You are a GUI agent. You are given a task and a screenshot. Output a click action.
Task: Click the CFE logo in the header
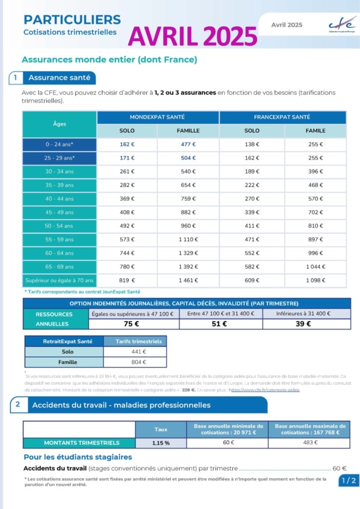click(x=342, y=24)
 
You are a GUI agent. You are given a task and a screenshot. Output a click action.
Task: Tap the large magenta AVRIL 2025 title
click(x=193, y=36)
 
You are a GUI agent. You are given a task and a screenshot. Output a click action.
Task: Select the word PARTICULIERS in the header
click(x=72, y=19)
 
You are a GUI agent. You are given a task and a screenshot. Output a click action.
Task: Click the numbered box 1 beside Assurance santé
click(x=15, y=78)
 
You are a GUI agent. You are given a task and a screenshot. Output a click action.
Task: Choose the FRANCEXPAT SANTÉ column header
click(x=282, y=117)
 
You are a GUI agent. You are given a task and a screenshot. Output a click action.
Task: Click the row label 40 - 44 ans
click(x=59, y=198)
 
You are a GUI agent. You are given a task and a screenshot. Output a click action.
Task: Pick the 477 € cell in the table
click(x=187, y=144)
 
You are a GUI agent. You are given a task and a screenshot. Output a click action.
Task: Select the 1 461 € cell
click(x=187, y=280)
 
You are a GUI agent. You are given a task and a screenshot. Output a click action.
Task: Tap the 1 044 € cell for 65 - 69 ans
click(x=315, y=266)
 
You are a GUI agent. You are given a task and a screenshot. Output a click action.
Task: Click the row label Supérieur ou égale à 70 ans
click(x=59, y=280)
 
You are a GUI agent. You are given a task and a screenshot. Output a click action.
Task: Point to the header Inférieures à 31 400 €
click(x=306, y=314)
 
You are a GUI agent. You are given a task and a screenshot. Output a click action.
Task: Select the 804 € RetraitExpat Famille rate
click(x=135, y=362)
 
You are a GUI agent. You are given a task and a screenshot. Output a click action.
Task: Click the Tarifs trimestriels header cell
click(x=135, y=341)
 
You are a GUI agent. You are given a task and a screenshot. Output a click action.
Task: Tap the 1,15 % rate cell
click(x=161, y=442)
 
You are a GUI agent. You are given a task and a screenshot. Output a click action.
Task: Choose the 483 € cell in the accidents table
click(x=309, y=442)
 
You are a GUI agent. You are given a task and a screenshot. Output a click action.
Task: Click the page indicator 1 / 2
click(x=348, y=480)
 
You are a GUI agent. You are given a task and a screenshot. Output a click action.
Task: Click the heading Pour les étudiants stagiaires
click(x=78, y=457)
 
